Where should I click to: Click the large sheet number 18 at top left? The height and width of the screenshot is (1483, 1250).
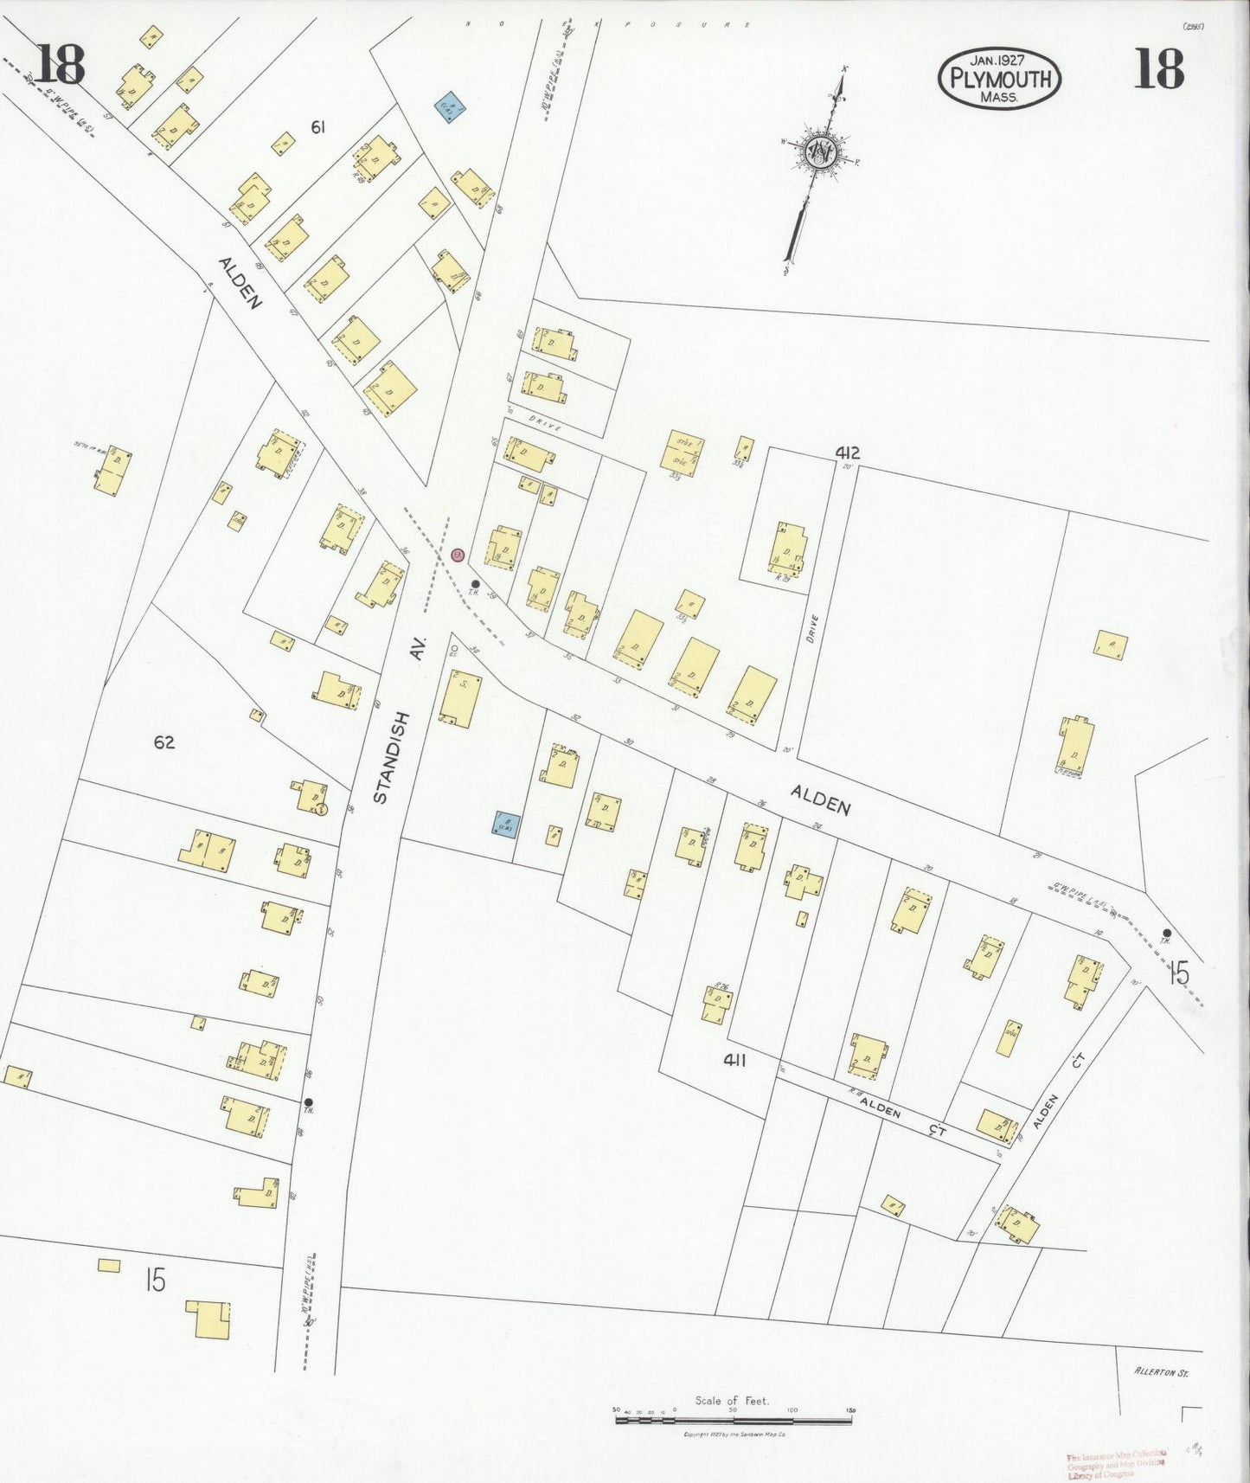click(60, 66)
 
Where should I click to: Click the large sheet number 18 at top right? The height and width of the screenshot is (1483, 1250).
click(1157, 69)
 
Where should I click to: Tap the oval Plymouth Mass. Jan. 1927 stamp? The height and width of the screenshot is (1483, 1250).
click(999, 78)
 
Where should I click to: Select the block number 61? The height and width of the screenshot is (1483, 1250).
click(317, 128)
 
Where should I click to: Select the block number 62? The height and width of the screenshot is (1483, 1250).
click(164, 742)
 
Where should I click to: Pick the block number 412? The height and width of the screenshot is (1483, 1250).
click(847, 453)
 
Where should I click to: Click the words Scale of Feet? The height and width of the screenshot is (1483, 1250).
click(732, 1400)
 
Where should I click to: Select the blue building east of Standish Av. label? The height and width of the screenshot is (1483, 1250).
click(504, 825)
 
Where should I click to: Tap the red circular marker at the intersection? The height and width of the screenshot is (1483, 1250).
click(458, 555)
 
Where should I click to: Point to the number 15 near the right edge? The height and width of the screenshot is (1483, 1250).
click(1177, 974)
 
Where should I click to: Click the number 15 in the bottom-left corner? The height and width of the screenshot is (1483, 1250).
click(155, 1280)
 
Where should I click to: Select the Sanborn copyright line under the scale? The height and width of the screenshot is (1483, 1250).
click(734, 1435)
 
